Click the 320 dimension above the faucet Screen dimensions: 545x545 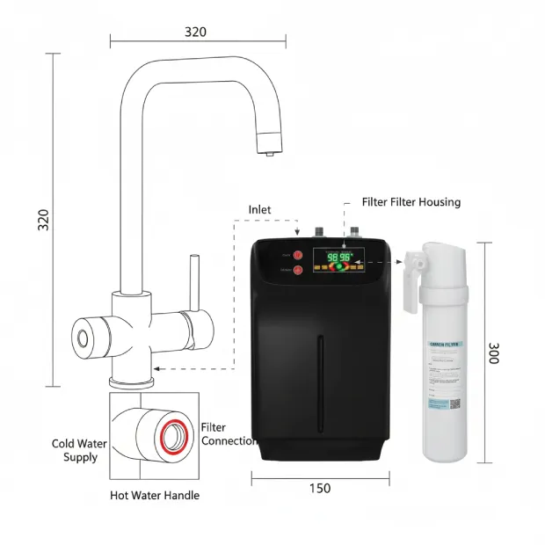coord(195,32)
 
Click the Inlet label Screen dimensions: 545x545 coord(259,209)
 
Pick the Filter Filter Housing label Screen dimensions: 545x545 coord(411,202)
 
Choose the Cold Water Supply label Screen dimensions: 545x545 coord(80,450)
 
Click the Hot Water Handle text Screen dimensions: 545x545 coord(155,495)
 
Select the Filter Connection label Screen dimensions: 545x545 coord(229,433)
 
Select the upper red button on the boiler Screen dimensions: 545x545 coord(297,255)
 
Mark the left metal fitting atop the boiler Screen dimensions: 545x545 coord(320,232)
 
